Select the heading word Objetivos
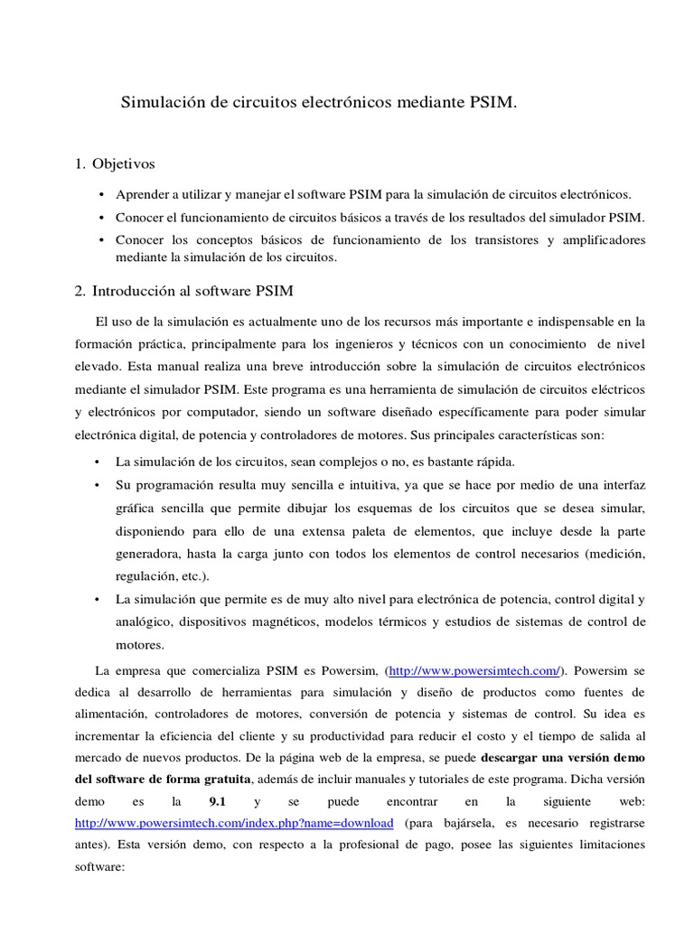124,164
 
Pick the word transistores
505,239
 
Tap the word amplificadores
604,239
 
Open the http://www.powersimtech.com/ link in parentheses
475,670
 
